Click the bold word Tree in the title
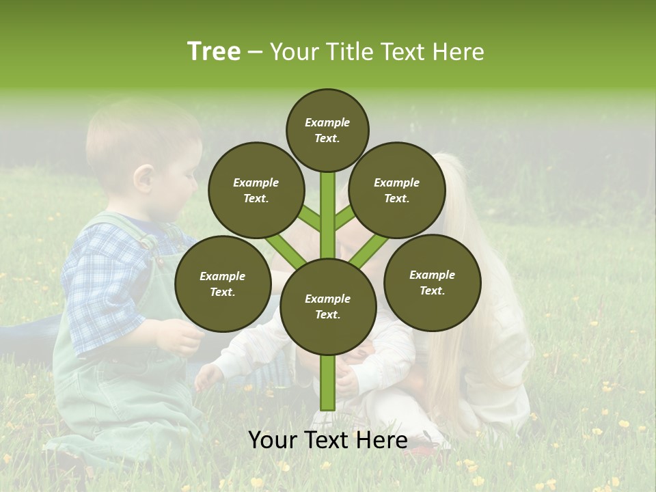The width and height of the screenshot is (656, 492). pos(214,52)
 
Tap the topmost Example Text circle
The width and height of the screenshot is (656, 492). pos(327,130)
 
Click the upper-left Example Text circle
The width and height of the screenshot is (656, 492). pos(256,190)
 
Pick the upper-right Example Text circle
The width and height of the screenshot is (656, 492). pos(397,190)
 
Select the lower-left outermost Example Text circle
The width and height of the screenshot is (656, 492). pos(223,284)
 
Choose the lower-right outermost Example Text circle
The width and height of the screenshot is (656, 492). pos(432,282)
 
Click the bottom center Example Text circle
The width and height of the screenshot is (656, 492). pos(328,306)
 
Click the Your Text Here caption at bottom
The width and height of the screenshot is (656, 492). pos(328,440)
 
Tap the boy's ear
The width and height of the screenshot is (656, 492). pos(144,179)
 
